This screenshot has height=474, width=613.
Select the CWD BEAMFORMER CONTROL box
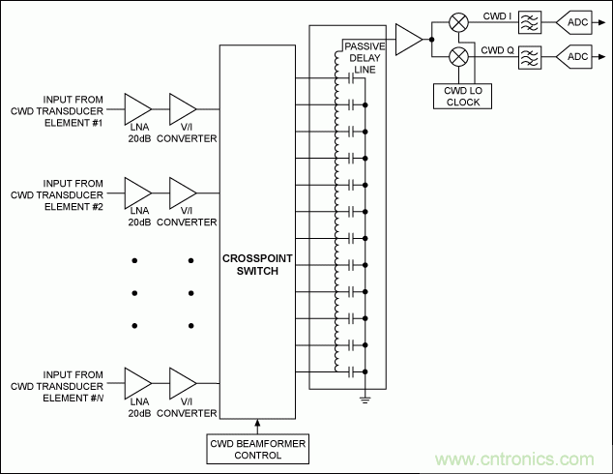coord(258,449)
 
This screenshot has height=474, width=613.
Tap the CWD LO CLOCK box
coord(461,95)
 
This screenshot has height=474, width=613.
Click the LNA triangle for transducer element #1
coord(137,108)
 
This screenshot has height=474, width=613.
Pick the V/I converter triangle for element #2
coord(182,191)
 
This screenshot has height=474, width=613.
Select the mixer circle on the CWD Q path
coord(461,57)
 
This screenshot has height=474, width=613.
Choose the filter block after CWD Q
coord(530,57)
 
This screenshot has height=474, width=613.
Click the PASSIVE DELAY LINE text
coord(365,57)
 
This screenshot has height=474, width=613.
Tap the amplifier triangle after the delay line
coord(410,39)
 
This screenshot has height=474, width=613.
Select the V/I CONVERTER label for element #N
coord(186,413)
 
